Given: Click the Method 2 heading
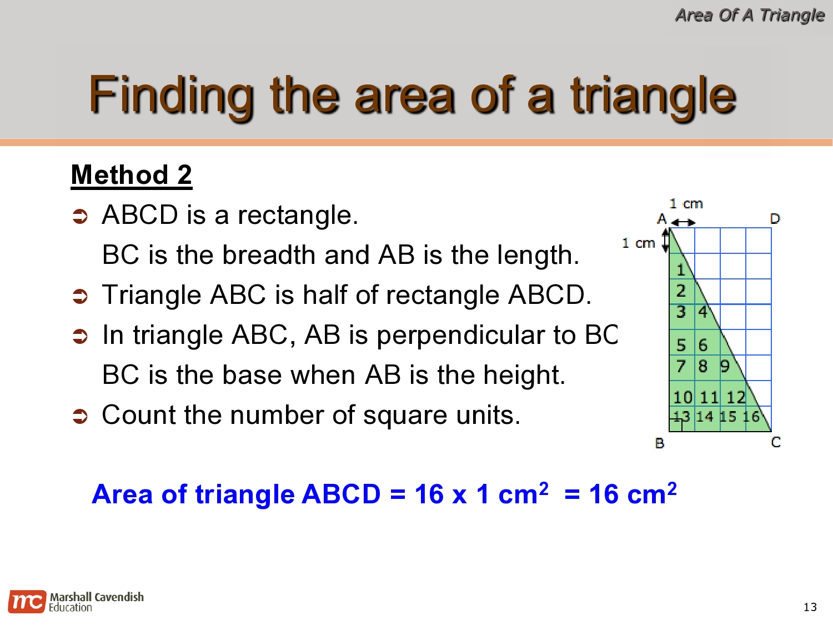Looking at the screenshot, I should (132, 175).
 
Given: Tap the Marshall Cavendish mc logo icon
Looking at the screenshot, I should (26, 602).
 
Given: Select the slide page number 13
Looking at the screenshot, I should (810, 607).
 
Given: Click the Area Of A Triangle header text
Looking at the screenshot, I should (750, 15).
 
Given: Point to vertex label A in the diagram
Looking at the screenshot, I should (661, 219).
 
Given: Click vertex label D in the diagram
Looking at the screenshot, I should (775, 219).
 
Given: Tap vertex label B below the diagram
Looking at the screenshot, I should (660, 443).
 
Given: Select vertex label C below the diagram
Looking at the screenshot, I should (776, 442).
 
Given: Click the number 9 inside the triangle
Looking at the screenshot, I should (725, 367).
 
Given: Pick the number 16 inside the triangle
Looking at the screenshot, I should (751, 417).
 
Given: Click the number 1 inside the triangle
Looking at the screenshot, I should (681, 271).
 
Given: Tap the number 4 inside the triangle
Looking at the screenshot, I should (703, 312).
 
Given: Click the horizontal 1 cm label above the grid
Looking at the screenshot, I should (686, 204).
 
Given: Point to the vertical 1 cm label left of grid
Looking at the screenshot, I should (638, 243).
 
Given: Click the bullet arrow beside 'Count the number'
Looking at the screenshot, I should (81, 416).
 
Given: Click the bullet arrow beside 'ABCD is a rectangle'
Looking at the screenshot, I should (81, 216).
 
